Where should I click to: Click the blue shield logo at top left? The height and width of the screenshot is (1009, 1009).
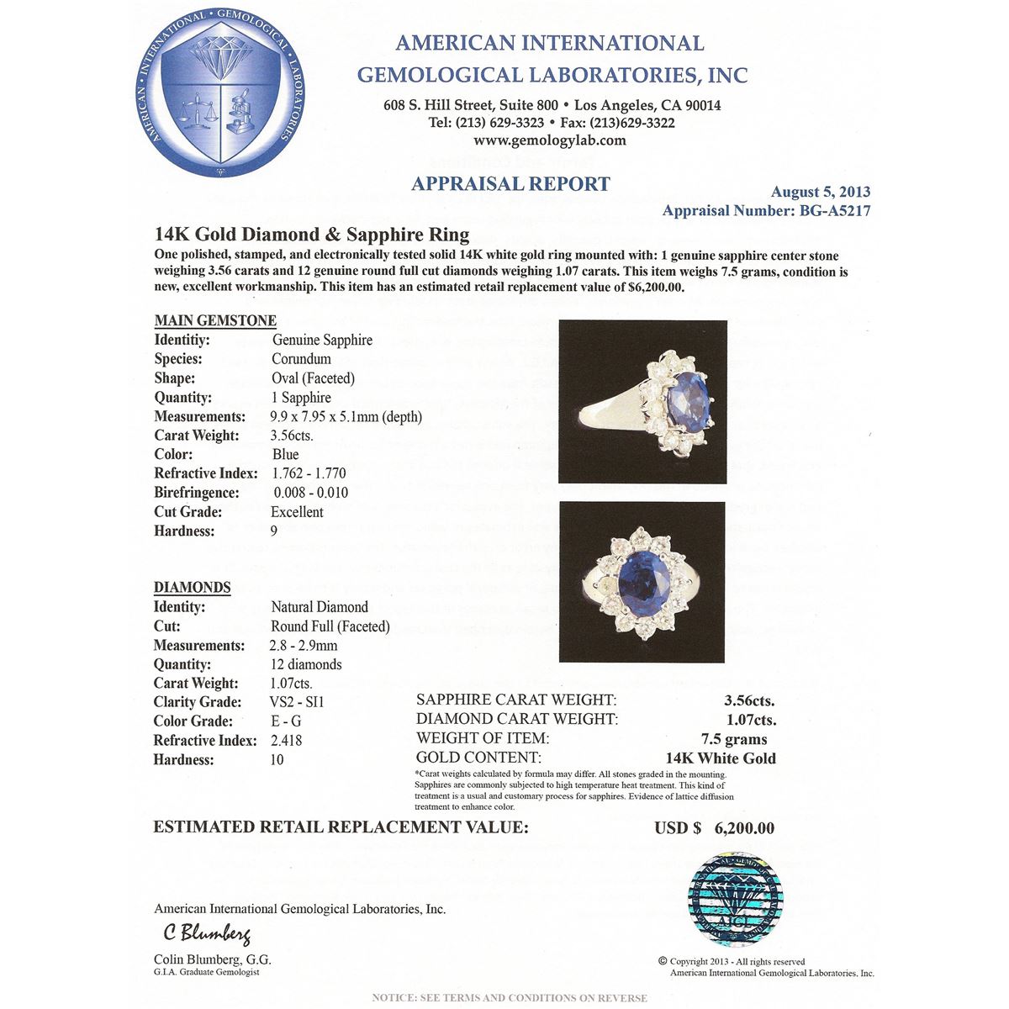click(220, 94)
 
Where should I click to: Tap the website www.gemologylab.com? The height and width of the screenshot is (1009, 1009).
click(550, 140)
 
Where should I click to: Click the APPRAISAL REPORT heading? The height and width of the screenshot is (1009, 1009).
click(510, 183)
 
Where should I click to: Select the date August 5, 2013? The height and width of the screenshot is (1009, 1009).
click(820, 192)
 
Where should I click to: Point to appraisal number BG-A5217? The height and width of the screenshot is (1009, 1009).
click(766, 211)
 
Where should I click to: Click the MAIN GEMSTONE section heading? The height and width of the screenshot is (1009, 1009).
click(215, 320)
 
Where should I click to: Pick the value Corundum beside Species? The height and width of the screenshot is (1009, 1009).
click(301, 359)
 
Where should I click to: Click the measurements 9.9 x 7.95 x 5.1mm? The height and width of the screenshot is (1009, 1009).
click(346, 416)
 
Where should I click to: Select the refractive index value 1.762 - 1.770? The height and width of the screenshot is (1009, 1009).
click(309, 473)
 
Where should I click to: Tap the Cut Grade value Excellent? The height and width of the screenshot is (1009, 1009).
click(297, 512)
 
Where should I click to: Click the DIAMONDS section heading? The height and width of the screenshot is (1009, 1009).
click(192, 587)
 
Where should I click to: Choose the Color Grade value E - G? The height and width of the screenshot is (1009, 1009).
click(286, 721)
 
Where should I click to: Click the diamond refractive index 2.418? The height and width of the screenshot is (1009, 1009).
click(286, 741)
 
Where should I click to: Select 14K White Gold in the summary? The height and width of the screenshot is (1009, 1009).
click(721, 758)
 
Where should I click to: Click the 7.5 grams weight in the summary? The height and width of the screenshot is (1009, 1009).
click(734, 739)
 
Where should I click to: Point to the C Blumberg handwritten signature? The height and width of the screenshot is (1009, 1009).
click(206, 933)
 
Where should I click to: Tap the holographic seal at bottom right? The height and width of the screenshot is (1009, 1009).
click(734, 898)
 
